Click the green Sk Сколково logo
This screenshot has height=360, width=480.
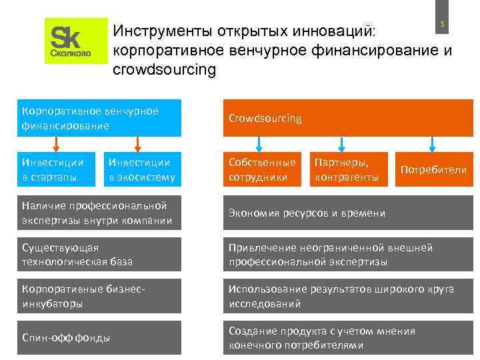click(76, 41)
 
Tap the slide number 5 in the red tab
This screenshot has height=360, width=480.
click(441, 25)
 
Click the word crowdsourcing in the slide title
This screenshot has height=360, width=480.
click(165, 69)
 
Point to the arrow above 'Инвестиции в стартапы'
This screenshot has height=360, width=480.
click(56, 144)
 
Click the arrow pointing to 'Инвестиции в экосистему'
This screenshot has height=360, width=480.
click(138, 144)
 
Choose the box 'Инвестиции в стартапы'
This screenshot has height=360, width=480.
click(56, 169)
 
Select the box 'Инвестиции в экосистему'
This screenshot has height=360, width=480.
click(142, 169)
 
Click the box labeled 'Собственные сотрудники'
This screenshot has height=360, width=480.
click(263, 169)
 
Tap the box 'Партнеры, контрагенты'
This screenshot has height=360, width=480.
click(347, 169)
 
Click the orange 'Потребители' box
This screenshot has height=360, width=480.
click(433, 169)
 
